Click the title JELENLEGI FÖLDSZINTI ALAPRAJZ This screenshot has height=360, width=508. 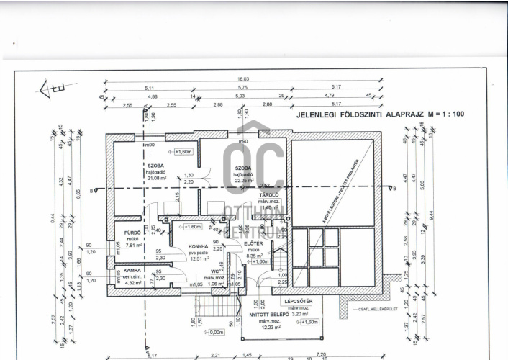click(365, 114)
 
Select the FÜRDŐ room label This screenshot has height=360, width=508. click(132, 233)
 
